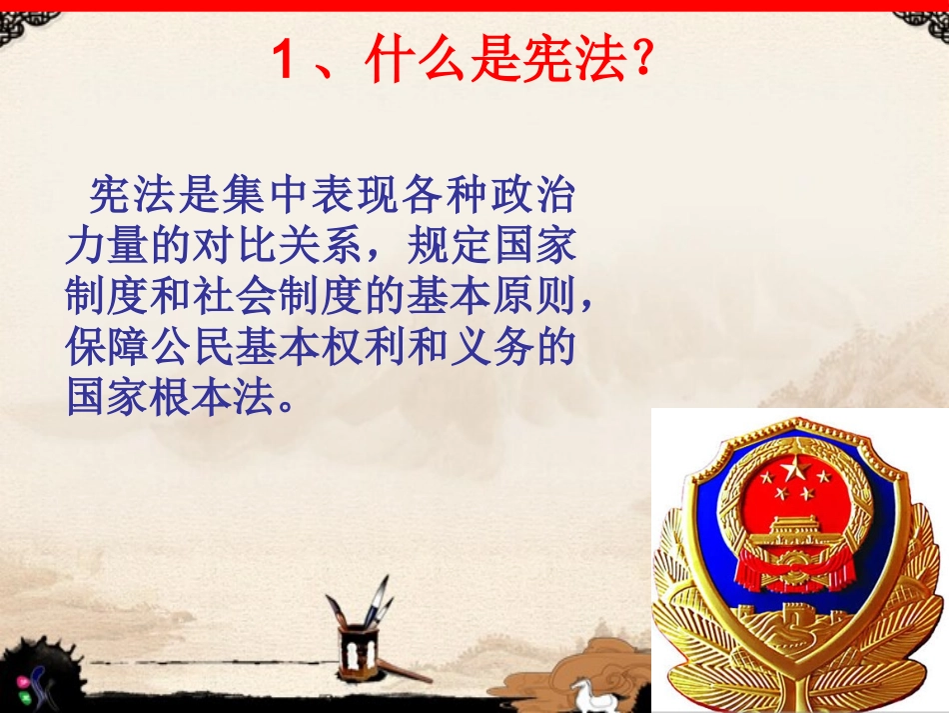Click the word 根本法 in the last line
point(219,399)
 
